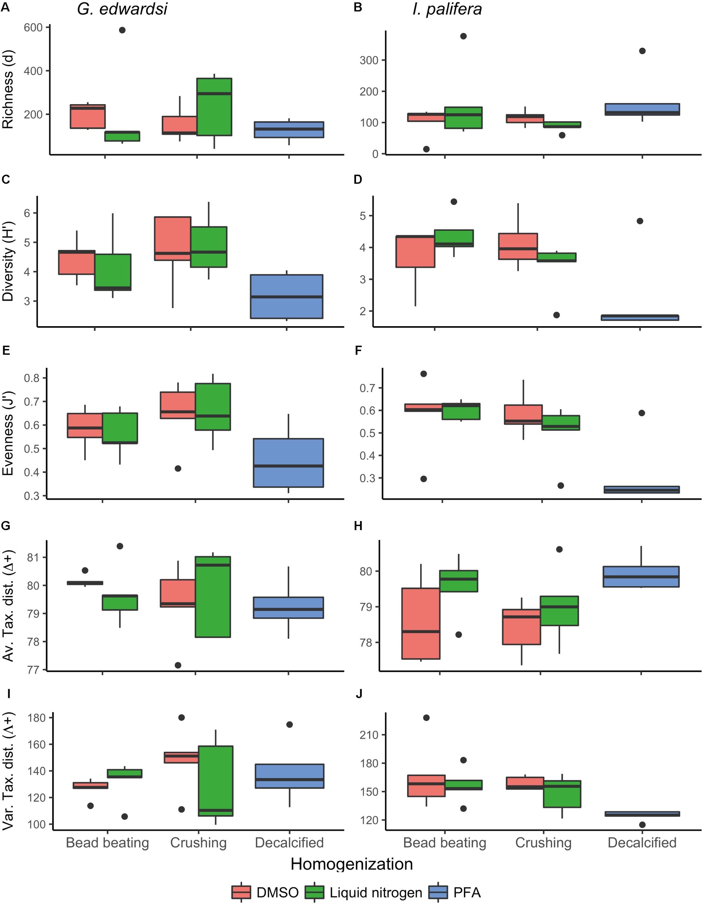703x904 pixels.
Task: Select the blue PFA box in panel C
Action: (x=287, y=297)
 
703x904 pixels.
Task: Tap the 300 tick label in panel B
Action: (x=369, y=60)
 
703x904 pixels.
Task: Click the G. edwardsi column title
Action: (x=122, y=9)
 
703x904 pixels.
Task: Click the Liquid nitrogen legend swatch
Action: (x=314, y=892)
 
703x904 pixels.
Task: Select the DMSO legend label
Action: (x=277, y=892)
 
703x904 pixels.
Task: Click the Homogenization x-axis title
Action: (x=351, y=864)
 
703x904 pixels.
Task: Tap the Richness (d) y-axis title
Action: (x=8, y=89)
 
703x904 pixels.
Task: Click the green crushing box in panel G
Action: (x=213, y=597)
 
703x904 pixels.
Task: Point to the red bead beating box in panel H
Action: (x=421, y=623)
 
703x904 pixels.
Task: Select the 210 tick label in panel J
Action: (x=369, y=735)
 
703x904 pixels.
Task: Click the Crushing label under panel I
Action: (x=198, y=843)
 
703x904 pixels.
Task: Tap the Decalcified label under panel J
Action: (x=642, y=843)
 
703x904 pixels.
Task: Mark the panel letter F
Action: (x=358, y=351)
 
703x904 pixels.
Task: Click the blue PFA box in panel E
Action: (x=288, y=463)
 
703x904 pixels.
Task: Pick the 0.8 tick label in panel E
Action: (x=31, y=378)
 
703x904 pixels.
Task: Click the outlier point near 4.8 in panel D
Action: (x=640, y=221)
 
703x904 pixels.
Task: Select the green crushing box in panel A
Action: (x=214, y=107)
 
